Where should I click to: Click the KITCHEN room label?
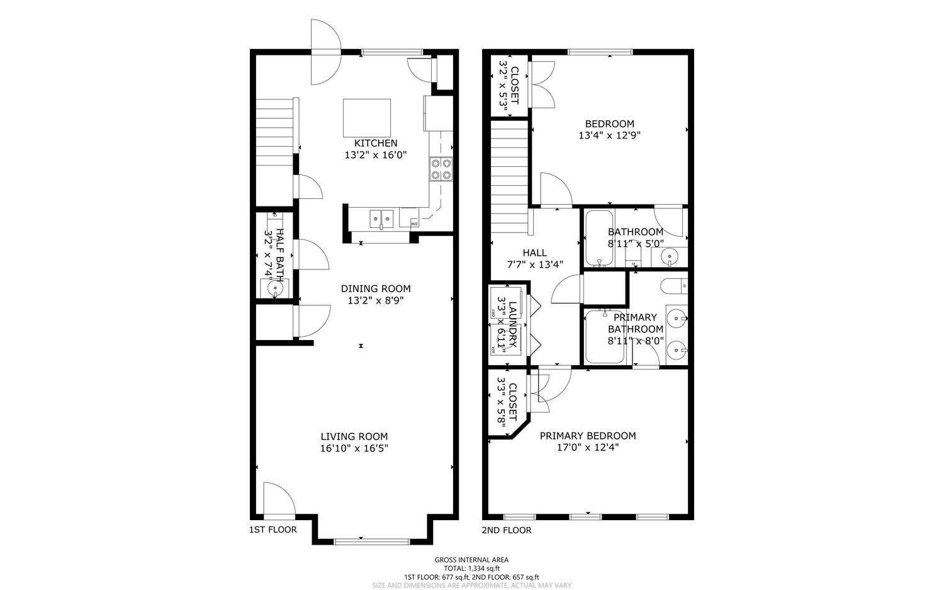click(x=376, y=143)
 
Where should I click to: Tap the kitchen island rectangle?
click(x=366, y=118)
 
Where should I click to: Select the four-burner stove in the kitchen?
click(x=441, y=169)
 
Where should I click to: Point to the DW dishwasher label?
click(x=414, y=224)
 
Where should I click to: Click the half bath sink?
click(x=274, y=288)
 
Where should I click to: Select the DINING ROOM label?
click(x=375, y=288)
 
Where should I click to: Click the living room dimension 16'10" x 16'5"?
click(x=354, y=448)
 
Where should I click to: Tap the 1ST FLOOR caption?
click(x=273, y=530)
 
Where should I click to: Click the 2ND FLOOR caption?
click(x=506, y=530)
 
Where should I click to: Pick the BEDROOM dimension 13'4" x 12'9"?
click(x=609, y=135)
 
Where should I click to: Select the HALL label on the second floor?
click(x=534, y=252)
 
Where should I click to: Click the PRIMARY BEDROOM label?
click(x=587, y=436)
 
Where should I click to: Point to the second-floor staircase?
click(x=508, y=176)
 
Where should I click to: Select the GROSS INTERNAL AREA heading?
click(x=471, y=560)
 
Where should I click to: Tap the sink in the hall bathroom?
click(x=668, y=256)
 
